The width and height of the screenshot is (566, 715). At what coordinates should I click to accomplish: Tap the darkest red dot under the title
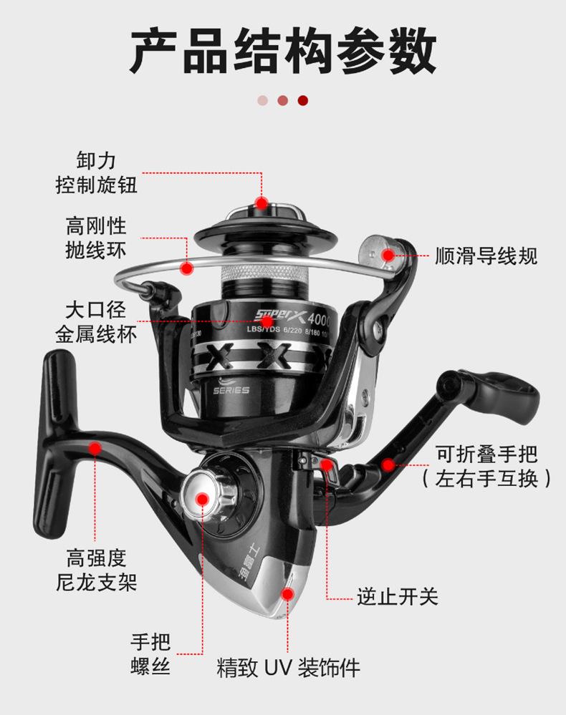(x=303, y=101)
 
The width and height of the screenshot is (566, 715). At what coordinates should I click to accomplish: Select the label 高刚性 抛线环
(x=96, y=238)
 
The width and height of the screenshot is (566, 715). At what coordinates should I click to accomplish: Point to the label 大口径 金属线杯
(x=96, y=322)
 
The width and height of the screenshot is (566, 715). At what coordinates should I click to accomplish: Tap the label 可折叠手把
(x=486, y=454)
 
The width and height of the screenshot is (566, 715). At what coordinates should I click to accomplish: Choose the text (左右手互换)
(x=486, y=478)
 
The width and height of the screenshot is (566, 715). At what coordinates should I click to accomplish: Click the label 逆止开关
(x=398, y=597)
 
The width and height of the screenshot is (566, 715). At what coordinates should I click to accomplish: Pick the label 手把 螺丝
(x=150, y=654)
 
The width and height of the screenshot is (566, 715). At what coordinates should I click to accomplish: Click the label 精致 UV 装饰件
(x=288, y=668)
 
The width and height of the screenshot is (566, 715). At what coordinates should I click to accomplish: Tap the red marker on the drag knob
(x=262, y=203)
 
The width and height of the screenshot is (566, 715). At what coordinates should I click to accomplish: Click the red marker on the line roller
(x=388, y=255)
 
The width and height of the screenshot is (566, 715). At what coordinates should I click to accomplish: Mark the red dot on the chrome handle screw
(x=202, y=499)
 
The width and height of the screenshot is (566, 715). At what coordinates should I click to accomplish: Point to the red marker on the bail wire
(x=186, y=269)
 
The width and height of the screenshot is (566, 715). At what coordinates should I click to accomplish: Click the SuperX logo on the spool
(x=279, y=314)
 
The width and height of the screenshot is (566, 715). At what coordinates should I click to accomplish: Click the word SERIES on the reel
(x=231, y=390)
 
